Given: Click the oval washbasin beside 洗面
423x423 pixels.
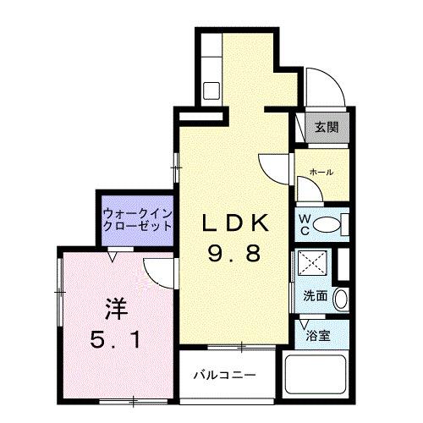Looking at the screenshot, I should point(340,298).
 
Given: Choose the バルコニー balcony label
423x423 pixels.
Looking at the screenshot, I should point(222,374).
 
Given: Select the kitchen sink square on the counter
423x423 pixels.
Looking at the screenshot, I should point(211,89).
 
